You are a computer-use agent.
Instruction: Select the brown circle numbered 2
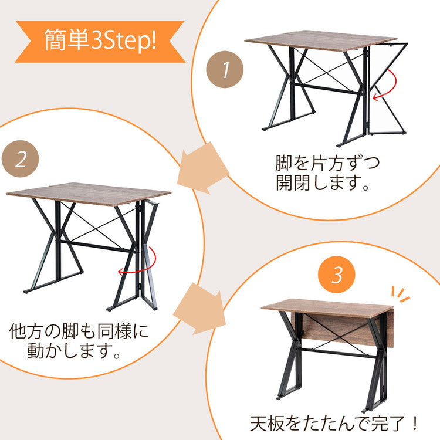pyautogui.click(x=21, y=160)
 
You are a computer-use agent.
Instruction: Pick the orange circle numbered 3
pyautogui.click(x=336, y=275)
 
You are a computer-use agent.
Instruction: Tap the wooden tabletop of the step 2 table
pyautogui.click(x=88, y=193)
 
